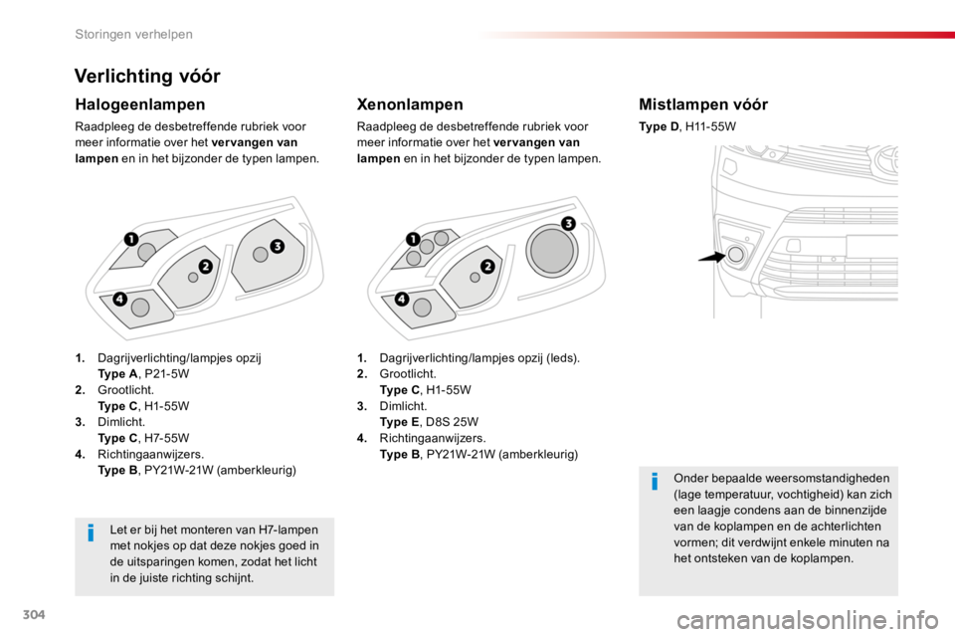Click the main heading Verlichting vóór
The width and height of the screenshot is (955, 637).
(147, 77)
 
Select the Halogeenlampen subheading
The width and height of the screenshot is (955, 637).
(140, 105)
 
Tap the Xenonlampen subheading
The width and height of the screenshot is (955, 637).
(410, 105)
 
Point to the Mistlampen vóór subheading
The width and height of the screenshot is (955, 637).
(703, 105)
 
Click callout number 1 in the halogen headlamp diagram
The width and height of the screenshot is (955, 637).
(131, 239)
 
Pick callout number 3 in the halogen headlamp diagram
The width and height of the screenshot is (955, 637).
(278, 246)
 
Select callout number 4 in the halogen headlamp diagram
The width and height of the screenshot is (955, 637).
(119, 299)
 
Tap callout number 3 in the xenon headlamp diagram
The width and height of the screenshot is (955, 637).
(568, 223)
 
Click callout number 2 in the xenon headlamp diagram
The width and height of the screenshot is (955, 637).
(487, 267)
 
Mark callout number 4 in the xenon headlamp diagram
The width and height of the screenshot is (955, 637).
(401, 299)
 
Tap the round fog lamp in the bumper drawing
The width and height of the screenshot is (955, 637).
(736, 254)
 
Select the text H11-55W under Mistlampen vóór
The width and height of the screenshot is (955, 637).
(710, 126)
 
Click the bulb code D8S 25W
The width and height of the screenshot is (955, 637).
(452, 422)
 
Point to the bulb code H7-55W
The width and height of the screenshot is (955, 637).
(167, 438)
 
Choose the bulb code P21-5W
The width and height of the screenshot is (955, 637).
(167, 373)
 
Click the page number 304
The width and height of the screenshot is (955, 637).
(34, 614)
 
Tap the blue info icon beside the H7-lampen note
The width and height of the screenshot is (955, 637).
(91, 532)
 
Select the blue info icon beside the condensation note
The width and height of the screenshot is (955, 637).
(655, 481)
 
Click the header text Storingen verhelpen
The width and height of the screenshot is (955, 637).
(133, 34)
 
